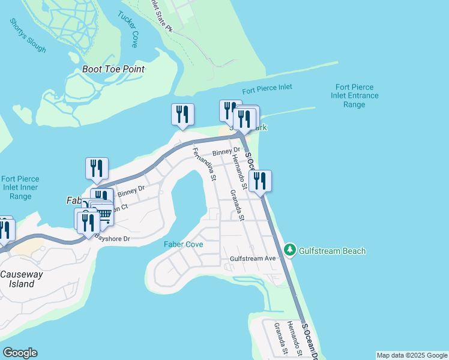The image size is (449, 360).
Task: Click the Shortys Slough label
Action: [28, 35]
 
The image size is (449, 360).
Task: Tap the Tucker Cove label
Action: [128, 25]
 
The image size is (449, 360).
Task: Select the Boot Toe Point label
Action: [113, 69]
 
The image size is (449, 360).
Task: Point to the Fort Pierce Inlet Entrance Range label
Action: [357, 95]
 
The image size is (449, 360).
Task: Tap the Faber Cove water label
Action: [183, 244]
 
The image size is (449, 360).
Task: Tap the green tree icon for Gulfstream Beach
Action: [290, 249]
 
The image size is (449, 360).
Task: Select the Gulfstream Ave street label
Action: [253, 259]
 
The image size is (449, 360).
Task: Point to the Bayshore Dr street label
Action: [113, 239]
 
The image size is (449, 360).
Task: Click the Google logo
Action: [20, 353]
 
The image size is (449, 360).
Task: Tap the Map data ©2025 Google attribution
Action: [412, 355]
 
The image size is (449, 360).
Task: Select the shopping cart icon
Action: [104, 214]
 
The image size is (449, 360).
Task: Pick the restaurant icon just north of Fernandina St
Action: [182, 114]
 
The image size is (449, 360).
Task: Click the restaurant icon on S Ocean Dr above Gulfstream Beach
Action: [260, 181]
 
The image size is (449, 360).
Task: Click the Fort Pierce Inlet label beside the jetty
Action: [267, 88]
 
